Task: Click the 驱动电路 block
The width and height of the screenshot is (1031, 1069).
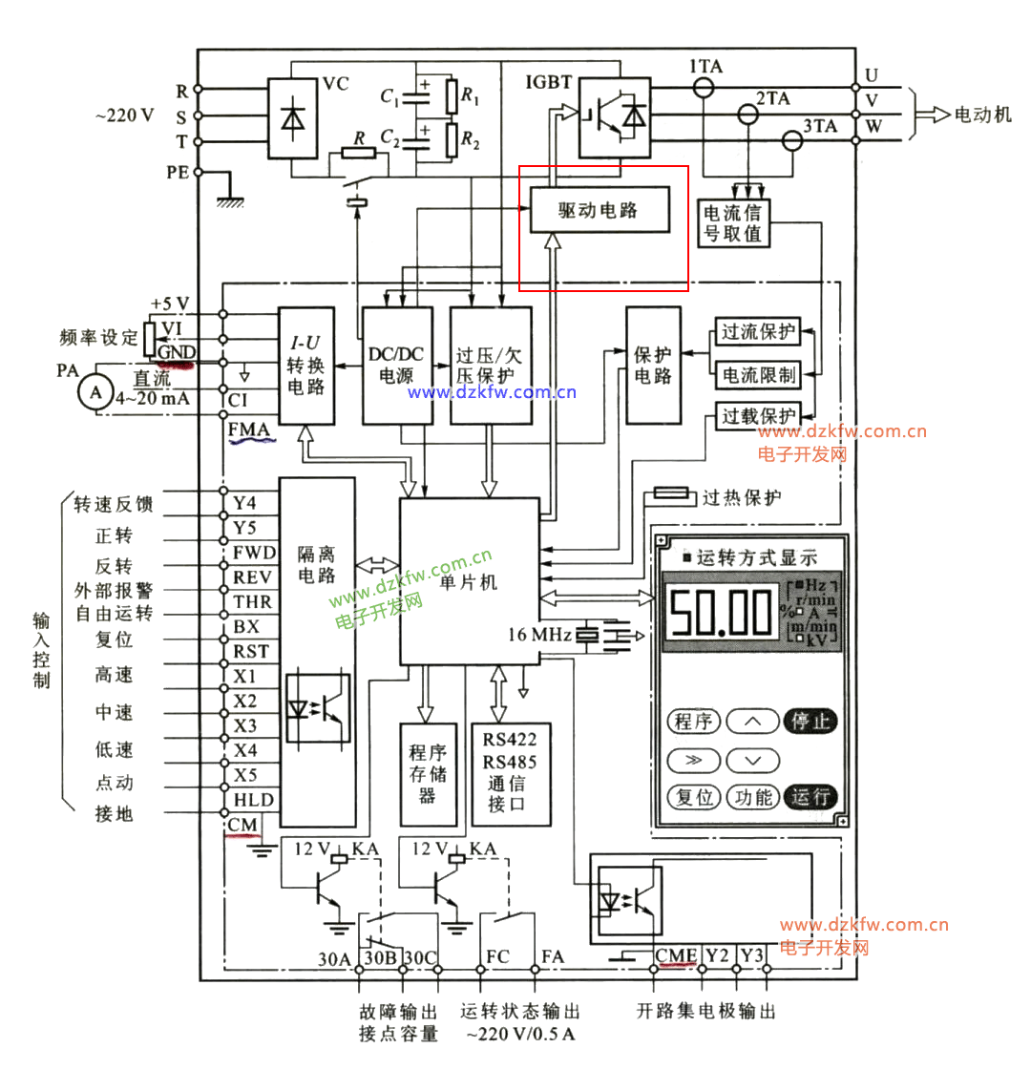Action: pos(599,211)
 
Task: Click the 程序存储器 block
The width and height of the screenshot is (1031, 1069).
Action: pos(422,774)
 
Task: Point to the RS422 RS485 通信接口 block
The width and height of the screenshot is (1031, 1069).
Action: pos(511,774)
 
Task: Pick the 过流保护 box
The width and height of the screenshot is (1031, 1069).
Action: pos(757,333)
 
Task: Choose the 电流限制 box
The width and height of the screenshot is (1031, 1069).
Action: pos(757,375)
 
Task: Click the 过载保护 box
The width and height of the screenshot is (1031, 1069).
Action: pos(757,417)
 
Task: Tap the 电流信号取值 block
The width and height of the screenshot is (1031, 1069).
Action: pos(734,221)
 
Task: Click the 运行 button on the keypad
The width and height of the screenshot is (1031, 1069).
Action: pos(810,796)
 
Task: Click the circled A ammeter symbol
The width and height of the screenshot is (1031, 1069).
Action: pos(94,392)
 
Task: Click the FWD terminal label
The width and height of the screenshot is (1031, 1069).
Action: pos(254,553)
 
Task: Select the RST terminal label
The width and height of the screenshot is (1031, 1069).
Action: pos(251,652)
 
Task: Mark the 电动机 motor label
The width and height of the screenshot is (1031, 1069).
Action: pos(982,115)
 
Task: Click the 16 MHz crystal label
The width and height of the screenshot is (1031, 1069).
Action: pos(540,635)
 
